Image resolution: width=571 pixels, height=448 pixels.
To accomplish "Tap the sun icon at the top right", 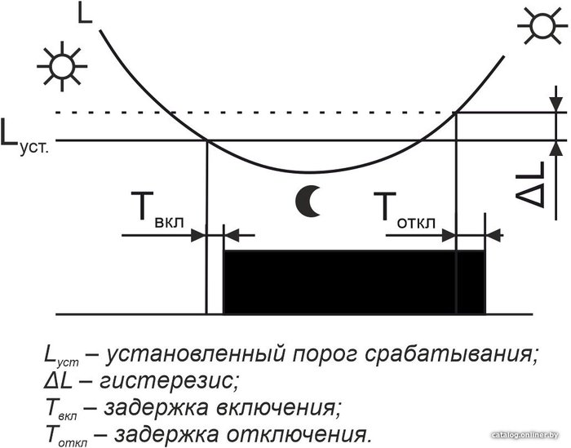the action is click(x=541, y=26).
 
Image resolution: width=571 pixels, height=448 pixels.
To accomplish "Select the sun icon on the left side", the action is click(x=62, y=66).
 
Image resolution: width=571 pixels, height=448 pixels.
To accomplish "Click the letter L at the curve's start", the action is click(x=85, y=13).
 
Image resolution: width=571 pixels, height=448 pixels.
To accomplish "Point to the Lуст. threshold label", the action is click(x=24, y=137).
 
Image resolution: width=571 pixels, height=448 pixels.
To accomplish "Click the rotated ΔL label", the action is click(x=530, y=184).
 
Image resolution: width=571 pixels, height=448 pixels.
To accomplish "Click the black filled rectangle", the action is click(x=354, y=282).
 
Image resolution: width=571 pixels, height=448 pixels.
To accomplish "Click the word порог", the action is click(x=325, y=355).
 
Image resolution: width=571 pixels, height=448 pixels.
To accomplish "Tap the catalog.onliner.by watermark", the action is click(x=525, y=435).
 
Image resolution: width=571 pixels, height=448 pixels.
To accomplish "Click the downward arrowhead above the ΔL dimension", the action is click(x=556, y=104).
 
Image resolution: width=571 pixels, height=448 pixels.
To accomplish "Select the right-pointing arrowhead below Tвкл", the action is click(x=198, y=235).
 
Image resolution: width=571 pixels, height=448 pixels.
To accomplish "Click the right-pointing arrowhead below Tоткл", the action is click(x=449, y=236).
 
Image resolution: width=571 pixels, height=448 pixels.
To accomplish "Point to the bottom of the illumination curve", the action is click(x=308, y=172).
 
